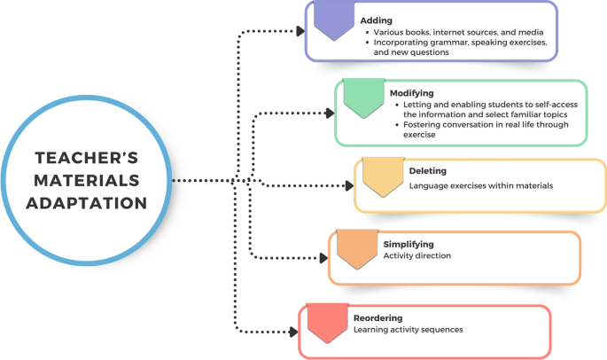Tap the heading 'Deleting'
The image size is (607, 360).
(428, 170)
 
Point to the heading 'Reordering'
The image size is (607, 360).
(378, 317)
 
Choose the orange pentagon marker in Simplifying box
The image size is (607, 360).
(358, 250)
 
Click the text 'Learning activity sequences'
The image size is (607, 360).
(408, 330)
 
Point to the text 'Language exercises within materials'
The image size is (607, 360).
(480, 186)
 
